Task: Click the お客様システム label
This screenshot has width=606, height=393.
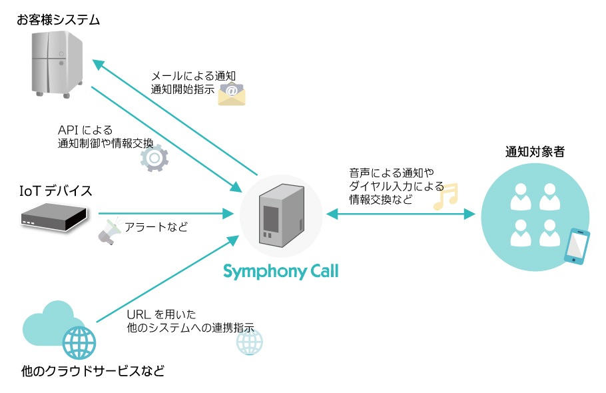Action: click(x=59, y=20)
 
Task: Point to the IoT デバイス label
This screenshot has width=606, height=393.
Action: click(x=55, y=191)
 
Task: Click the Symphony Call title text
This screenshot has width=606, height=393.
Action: click(x=280, y=272)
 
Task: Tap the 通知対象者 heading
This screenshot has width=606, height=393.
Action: click(x=535, y=152)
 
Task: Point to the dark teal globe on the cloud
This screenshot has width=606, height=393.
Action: click(x=79, y=343)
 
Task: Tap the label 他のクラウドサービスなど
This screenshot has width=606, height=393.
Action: click(x=93, y=370)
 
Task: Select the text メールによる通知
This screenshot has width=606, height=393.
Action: click(x=194, y=76)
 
